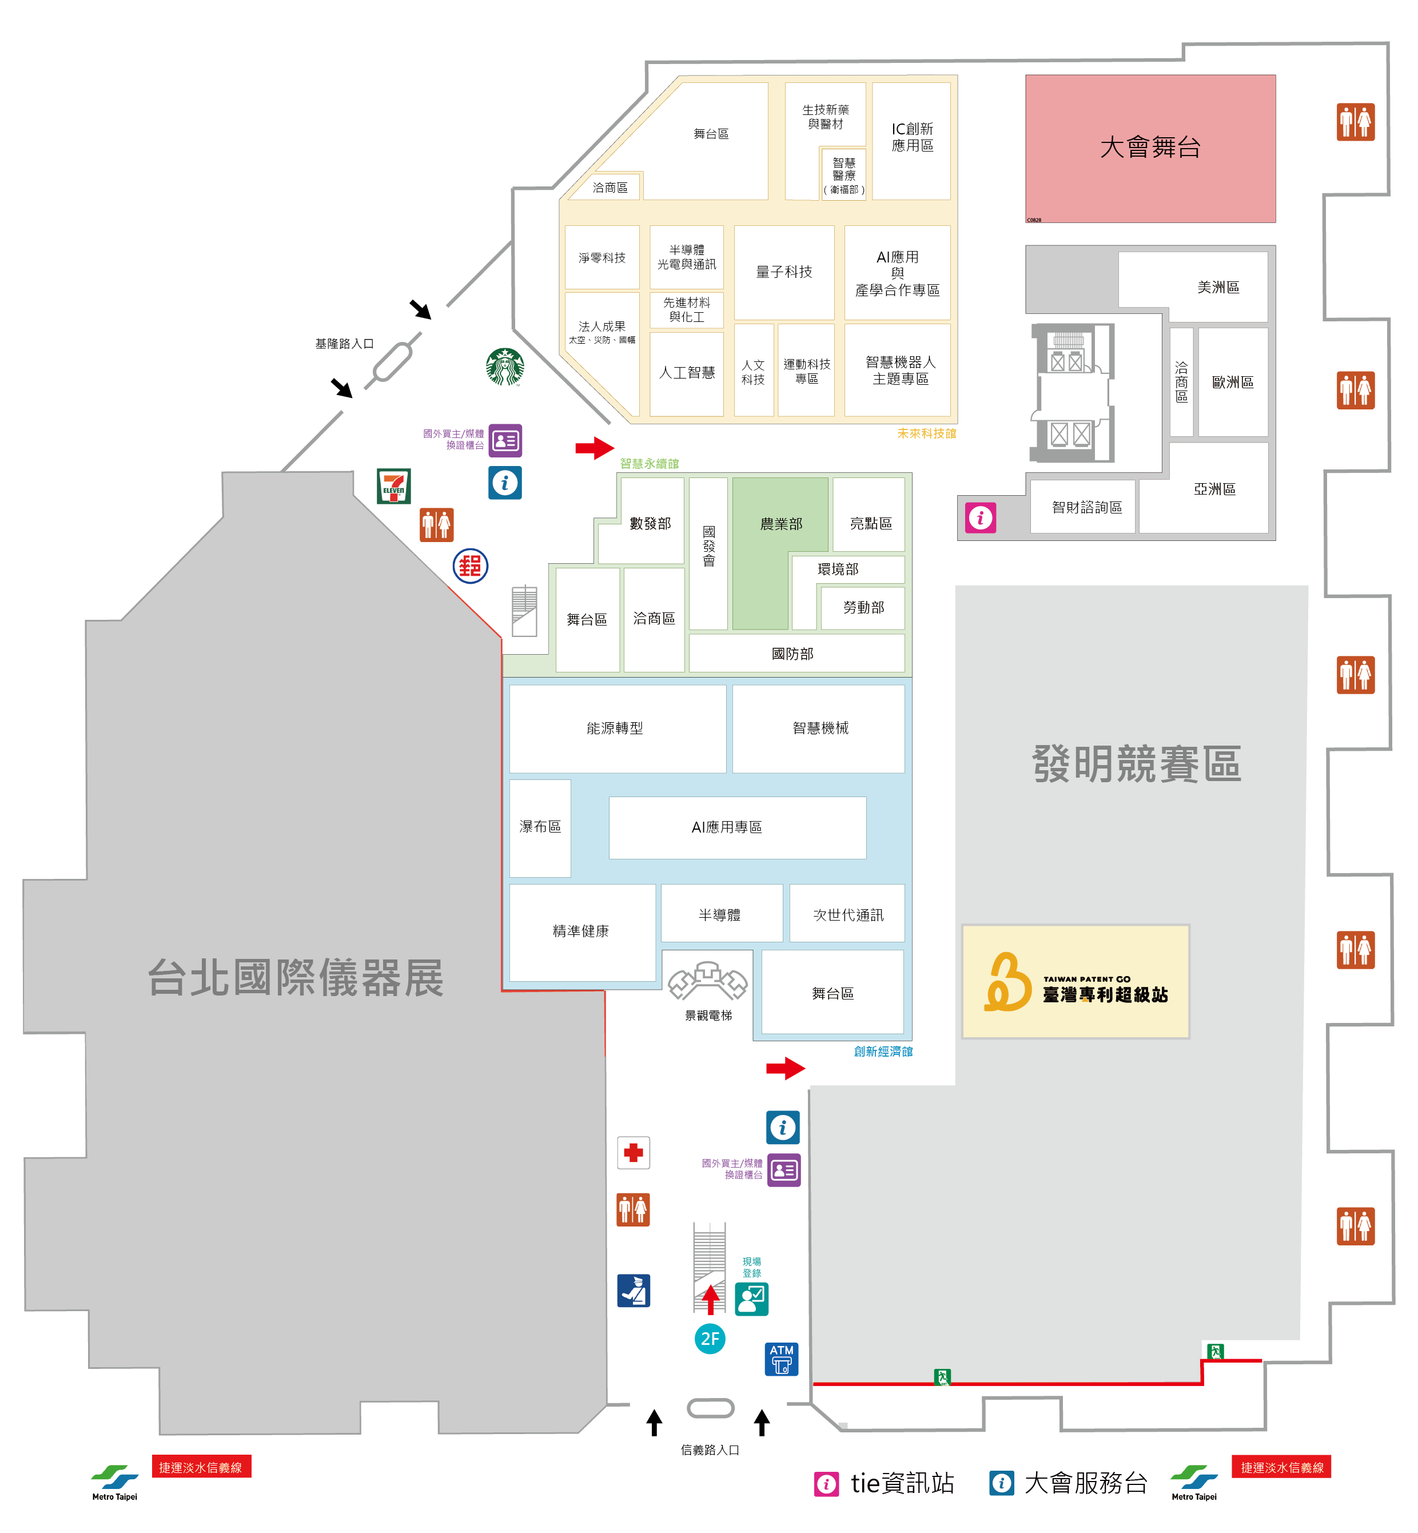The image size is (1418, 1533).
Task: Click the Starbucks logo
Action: [505, 367]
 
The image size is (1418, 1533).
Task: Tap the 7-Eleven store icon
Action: [393, 485]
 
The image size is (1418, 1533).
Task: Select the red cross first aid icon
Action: [633, 1152]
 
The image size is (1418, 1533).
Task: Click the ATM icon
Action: [781, 1359]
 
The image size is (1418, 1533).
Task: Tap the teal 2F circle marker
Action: [710, 1339]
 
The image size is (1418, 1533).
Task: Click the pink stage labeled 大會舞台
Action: [1150, 148]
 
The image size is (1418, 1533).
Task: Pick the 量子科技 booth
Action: [783, 272]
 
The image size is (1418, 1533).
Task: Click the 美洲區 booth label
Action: [1218, 287]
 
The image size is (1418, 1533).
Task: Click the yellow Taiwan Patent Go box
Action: [1075, 981]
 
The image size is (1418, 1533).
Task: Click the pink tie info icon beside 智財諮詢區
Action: [980, 518]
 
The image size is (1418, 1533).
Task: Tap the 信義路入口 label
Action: [710, 1450]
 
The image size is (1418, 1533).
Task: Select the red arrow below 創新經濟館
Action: [785, 1068]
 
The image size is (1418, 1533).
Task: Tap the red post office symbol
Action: [471, 566]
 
